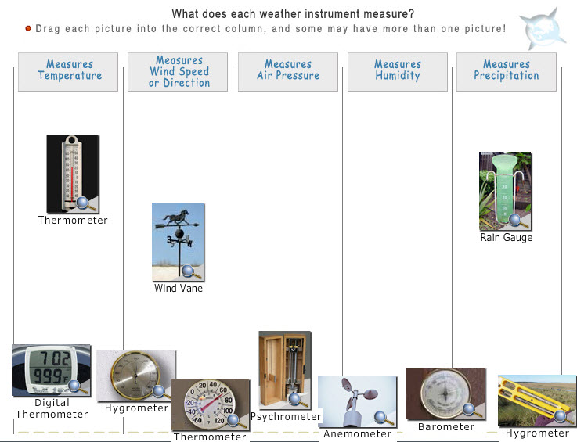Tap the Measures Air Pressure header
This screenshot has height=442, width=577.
288,72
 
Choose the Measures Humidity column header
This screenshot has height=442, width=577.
398,72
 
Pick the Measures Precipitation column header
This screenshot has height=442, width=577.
507,72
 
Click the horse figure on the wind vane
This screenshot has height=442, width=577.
177,217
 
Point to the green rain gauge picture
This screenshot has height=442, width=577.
505,191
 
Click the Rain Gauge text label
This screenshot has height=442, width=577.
507,238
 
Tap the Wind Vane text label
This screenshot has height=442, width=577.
178,288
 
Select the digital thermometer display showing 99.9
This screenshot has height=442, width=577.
51,370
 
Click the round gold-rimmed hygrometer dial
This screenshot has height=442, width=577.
135,376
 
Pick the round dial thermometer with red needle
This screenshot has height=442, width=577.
210,404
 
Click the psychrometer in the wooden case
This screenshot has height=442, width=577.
285,370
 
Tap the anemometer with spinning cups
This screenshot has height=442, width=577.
357,401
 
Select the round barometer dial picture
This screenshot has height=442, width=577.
446,393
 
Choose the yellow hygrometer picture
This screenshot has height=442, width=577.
537,401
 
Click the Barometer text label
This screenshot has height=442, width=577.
446,427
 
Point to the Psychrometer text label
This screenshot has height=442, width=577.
286,417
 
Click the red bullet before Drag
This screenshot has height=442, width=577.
28,28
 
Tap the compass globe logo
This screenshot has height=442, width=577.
543,30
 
